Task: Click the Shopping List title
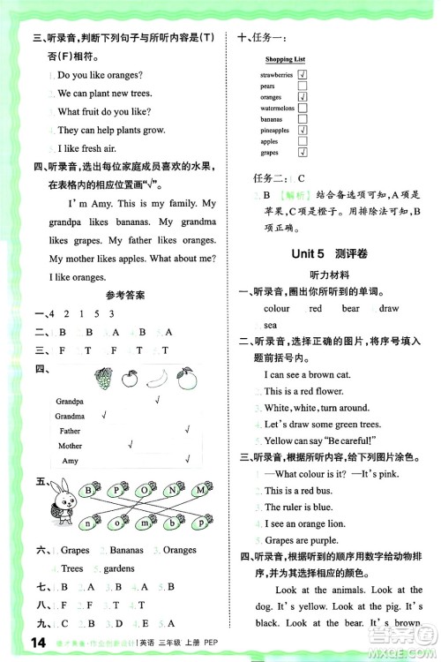(285, 59)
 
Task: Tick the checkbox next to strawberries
(302, 75)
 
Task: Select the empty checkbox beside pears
(302, 87)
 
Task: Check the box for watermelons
(302, 108)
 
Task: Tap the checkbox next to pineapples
(302, 130)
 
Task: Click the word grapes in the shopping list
(269, 152)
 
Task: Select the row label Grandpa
(70, 401)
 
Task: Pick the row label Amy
(70, 461)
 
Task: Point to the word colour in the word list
(276, 309)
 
